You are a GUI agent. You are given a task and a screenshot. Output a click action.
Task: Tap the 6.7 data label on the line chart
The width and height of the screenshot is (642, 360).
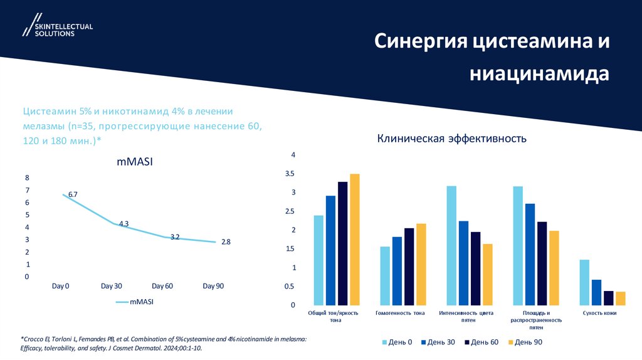[73, 194]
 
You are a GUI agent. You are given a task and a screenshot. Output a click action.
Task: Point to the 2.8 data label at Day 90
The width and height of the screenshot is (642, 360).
[226, 241]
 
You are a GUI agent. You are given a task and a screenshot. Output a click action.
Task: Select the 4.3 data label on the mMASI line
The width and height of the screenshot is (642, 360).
[124, 223]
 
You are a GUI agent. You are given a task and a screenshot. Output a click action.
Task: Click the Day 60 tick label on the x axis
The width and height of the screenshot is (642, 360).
[162, 286]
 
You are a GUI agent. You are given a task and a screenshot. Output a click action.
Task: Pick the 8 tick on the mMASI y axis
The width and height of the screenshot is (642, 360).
[27, 177]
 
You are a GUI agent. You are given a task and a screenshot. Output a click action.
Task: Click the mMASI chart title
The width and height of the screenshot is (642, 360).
[135, 162]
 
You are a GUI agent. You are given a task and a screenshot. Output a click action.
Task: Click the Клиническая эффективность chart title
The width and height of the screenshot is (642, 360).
[451, 138]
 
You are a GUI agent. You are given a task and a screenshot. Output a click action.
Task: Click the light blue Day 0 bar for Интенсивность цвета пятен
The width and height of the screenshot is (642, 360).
[451, 245]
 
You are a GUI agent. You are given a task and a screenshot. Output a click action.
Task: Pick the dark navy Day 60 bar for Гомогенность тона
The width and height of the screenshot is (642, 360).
[409, 267]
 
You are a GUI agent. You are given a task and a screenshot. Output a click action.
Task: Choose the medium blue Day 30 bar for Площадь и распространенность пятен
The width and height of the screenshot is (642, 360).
[530, 254]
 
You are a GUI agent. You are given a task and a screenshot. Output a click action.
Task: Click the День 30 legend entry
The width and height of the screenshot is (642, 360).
[439, 342]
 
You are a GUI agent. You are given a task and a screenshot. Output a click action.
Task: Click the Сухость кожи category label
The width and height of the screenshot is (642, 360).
[599, 312]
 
